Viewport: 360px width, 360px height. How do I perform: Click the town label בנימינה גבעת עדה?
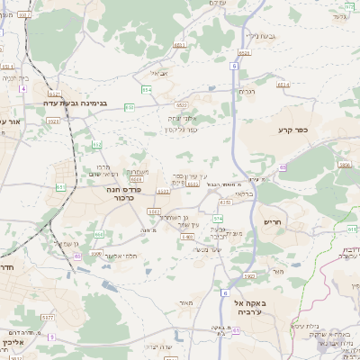76,103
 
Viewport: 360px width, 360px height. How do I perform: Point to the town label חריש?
273,221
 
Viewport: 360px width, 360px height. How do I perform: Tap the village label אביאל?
159,73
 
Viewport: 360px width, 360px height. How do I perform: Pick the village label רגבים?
247,91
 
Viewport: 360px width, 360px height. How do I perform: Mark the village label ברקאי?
243,193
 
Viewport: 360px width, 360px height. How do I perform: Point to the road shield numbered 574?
217,218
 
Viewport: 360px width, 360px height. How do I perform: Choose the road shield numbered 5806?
344,165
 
